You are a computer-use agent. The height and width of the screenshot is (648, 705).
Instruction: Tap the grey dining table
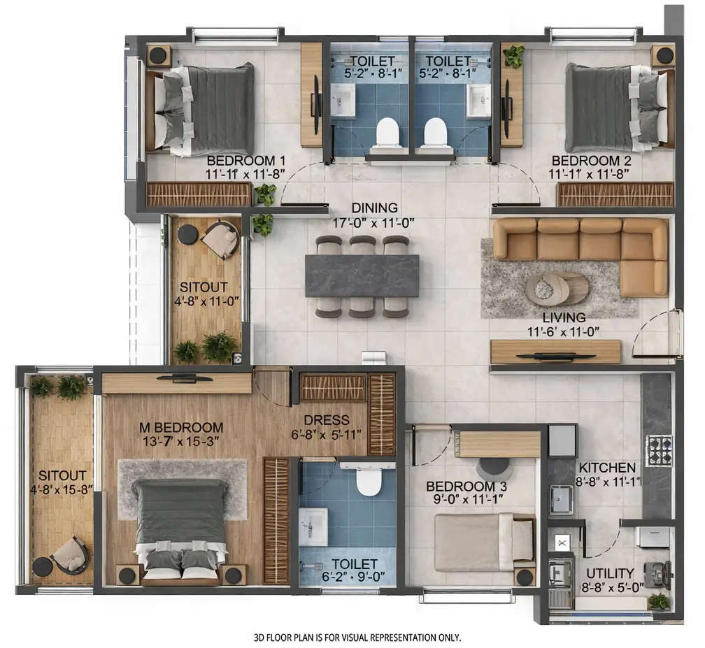coord(362,275)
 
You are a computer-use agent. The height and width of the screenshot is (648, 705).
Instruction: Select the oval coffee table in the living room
coord(557,289)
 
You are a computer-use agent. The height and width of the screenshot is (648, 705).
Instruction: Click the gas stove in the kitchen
coord(658,451)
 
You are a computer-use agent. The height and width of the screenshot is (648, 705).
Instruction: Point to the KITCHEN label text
coord(606,467)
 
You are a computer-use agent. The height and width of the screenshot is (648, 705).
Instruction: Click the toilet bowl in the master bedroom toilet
coord(369,480)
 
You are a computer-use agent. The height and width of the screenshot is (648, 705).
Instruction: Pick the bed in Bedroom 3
coord(483,542)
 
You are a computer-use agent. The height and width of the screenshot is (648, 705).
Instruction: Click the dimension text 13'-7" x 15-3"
coord(180,441)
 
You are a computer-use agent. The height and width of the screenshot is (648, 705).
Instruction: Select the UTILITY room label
coord(610,573)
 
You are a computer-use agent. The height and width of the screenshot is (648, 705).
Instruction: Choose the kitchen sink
coord(560,500)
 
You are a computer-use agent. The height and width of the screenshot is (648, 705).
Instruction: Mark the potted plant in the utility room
coord(657,600)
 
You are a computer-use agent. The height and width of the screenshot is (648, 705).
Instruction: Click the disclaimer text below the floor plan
coord(357,638)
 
